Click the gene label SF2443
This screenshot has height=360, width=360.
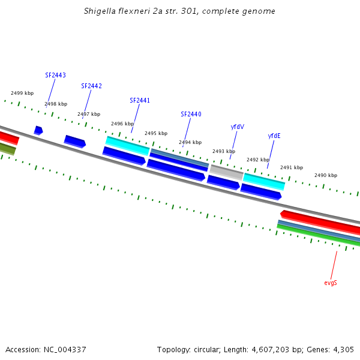pyautogui.click(x=55, y=76)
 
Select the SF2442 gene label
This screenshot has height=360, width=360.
pyautogui.click(x=91, y=86)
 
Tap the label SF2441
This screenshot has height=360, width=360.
pyautogui.click(x=140, y=101)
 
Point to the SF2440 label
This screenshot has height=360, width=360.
pyautogui.click(x=191, y=115)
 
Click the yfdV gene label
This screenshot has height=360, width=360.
pyautogui.click(x=238, y=127)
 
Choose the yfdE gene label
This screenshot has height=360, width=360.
pyautogui.click(x=274, y=136)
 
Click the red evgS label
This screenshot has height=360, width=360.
pyautogui.click(x=331, y=283)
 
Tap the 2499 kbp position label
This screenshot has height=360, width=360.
pyautogui.click(x=22, y=94)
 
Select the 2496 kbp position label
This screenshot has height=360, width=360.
pyautogui.click(x=122, y=124)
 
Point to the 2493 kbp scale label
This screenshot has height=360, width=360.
pyautogui.click(x=223, y=152)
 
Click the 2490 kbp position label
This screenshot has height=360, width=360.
pyautogui.click(x=326, y=176)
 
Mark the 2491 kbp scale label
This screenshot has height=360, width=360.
pyautogui.click(x=292, y=168)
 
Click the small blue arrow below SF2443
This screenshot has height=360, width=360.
pyautogui.click(x=38, y=130)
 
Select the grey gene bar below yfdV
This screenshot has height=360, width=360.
pyautogui.click(x=226, y=172)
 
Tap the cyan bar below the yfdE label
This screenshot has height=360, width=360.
pyautogui.click(x=263, y=181)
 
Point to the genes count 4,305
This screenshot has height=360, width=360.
pyautogui.click(x=343, y=350)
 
